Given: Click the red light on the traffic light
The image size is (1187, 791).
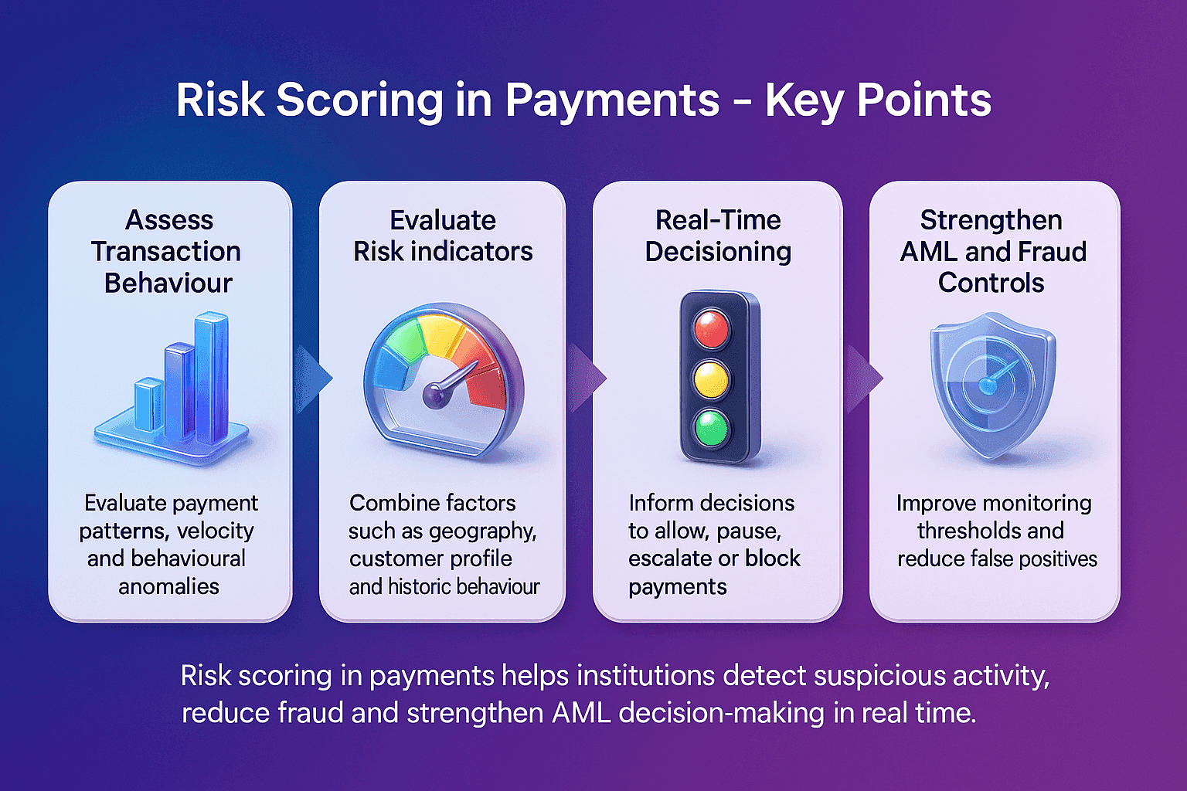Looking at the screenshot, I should click(711, 329).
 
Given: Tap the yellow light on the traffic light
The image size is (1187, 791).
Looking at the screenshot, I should click(711, 379).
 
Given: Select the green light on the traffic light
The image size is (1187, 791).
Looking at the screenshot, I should click(711, 428).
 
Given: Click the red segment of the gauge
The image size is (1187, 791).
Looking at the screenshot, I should click(486, 376).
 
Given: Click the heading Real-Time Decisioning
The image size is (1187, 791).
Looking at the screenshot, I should click(718, 236).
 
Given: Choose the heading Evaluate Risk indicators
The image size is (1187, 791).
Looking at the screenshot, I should click(443, 236).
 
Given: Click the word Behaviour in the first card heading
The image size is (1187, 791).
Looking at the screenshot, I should click(168, 283).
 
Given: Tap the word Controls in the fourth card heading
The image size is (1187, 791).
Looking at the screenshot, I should click(991, 283).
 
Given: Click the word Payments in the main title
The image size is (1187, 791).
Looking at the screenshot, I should click(612, 100).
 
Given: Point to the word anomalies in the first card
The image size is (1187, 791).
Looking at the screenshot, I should click(168, 586).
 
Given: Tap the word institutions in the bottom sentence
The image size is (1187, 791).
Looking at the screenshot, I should click(645, 676).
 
